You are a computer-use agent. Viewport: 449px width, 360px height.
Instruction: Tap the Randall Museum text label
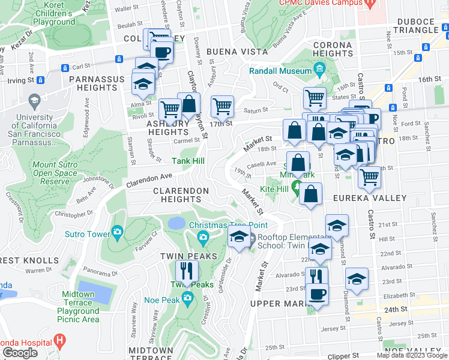(x=280, y=71)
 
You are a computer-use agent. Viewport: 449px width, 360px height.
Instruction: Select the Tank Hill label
(x=188, y=161)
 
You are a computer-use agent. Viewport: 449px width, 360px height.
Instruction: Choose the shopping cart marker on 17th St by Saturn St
(x=223, y=107)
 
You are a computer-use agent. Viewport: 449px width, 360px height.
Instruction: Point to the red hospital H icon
(x=59, y=341)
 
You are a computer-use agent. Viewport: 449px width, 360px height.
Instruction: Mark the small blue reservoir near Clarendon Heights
(x=176, y=223)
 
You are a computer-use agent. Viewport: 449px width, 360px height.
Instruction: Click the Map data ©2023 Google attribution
(x=412, y=355)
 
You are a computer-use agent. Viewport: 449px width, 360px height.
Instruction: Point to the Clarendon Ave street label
(x=148, y=178)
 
